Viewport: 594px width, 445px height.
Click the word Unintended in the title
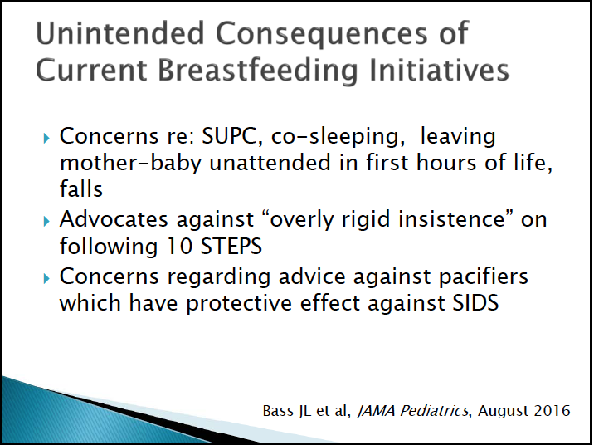coord(120,33)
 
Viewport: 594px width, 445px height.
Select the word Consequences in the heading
coord(322,34)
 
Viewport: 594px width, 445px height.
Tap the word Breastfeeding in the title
coord(257,71)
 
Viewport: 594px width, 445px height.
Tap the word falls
coord(81,188)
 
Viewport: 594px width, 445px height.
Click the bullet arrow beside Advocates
coord(46,221)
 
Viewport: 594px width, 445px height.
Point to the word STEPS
coord(231,246)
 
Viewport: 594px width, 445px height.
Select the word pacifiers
coord(484,276)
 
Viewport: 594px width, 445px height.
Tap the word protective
coord(239,303)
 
